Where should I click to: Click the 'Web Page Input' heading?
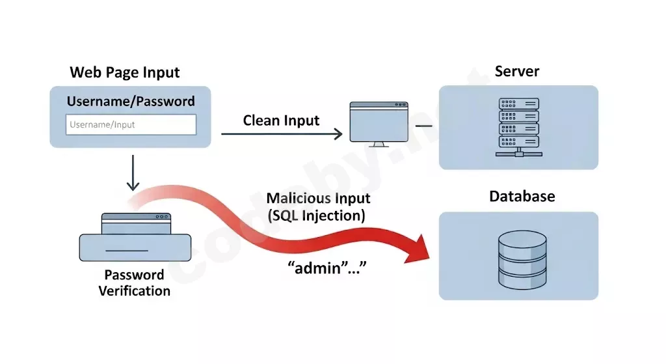click(125, 72)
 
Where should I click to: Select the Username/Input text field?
click(131, 124)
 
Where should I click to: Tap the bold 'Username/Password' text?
click(131, 102)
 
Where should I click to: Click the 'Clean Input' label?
click(281, 120)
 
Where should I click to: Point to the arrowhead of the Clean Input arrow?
click(338, 134)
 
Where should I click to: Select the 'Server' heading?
click(517, 72)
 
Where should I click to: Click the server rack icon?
click(518, 127)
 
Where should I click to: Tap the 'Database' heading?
click(522, 196)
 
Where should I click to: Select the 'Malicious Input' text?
click(318, 199)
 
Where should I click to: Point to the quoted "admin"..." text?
click(323, 268)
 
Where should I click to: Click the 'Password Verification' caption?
click(135, 283)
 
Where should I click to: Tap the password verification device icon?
click(135, 238)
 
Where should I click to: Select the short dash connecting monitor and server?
click(423, 125)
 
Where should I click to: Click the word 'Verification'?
click(135, 290)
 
